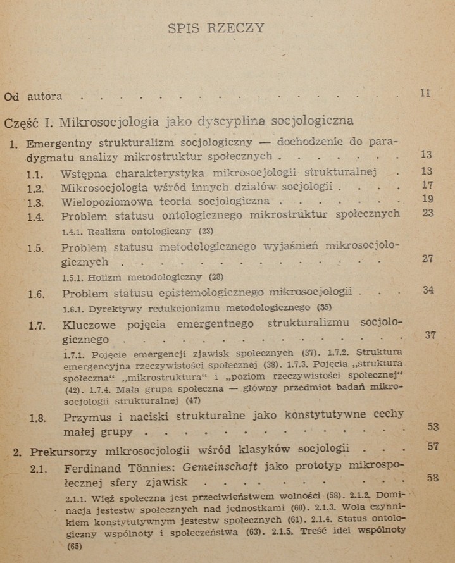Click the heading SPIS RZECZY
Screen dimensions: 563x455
tap(217, 28)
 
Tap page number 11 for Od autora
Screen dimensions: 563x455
tap(425, 93)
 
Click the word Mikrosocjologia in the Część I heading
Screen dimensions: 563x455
tap(103, 120)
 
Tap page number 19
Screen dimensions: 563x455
tap(427, 199)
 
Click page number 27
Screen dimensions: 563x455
tap(428, 258)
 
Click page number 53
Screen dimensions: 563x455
tap(432, 426)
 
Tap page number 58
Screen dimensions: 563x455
tap(433, 477)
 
